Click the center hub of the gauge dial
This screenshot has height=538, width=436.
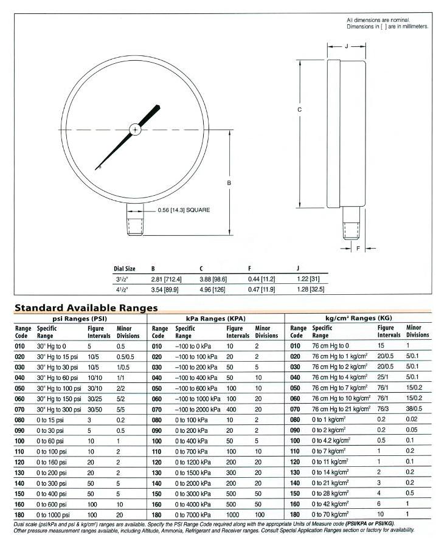coord(135,129)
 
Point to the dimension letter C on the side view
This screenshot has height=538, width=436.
coord(300,110)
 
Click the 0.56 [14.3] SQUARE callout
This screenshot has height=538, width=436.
coord(183,210)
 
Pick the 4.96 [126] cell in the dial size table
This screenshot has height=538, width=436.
coord(212,289)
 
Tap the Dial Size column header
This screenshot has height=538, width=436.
coord(125,268)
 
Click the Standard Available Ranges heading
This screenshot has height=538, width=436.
coord(86,308)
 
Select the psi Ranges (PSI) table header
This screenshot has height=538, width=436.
coord(80,318)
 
